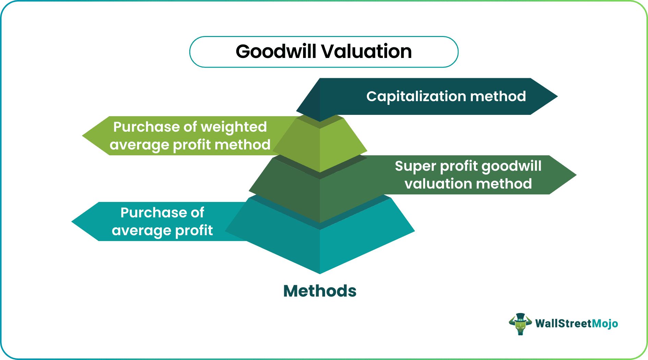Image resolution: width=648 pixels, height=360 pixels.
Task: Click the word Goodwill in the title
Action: tap(276, 52)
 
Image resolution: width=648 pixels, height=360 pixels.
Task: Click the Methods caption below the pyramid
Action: tap(320, 291)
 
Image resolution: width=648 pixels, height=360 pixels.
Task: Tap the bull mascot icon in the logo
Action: tap(520, 324)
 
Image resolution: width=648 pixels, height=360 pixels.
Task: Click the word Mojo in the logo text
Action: tap(605, 324)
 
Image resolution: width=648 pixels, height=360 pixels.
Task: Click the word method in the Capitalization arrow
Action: tap(498, 97)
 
